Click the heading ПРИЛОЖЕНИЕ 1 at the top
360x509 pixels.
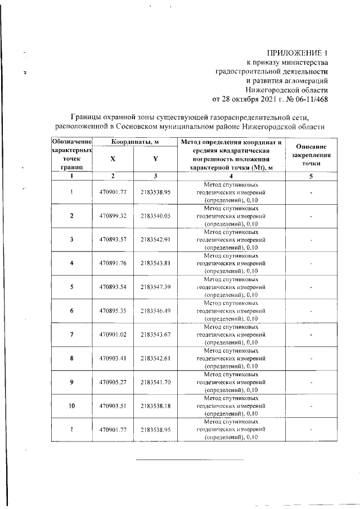click(295, 52)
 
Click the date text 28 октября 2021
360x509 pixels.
click(250, 100)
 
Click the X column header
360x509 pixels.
click(113, 159)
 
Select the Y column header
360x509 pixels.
click(155, 159)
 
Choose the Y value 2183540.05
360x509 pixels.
click(155, 216)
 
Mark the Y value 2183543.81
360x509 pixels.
click(155, 263)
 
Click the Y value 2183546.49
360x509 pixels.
click(155, 310)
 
